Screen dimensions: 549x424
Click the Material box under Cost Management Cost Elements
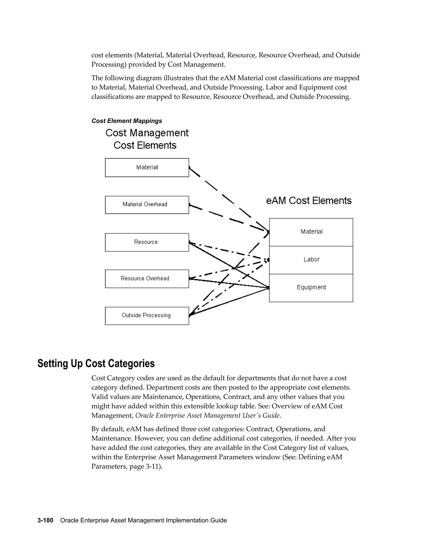(x=147, y=167)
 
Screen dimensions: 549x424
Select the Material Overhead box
(x=147, y=205)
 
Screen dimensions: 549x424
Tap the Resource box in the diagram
(x=147, y=242)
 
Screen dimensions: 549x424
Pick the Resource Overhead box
(x=147, y=278)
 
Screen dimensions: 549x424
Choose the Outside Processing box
(x=147, y=316)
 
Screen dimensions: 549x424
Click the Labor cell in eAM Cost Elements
(x=311, y=260)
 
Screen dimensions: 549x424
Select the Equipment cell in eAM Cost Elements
(x=311, y=288)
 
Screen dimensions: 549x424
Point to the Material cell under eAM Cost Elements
(x=311, y=232)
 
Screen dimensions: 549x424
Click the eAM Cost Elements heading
(x=308, y=201)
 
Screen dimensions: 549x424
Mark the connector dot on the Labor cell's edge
(x=269, y=260)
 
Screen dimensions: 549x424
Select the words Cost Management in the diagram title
(x=147, y=133)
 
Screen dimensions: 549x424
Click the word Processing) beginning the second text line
(x=109, y=65)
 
